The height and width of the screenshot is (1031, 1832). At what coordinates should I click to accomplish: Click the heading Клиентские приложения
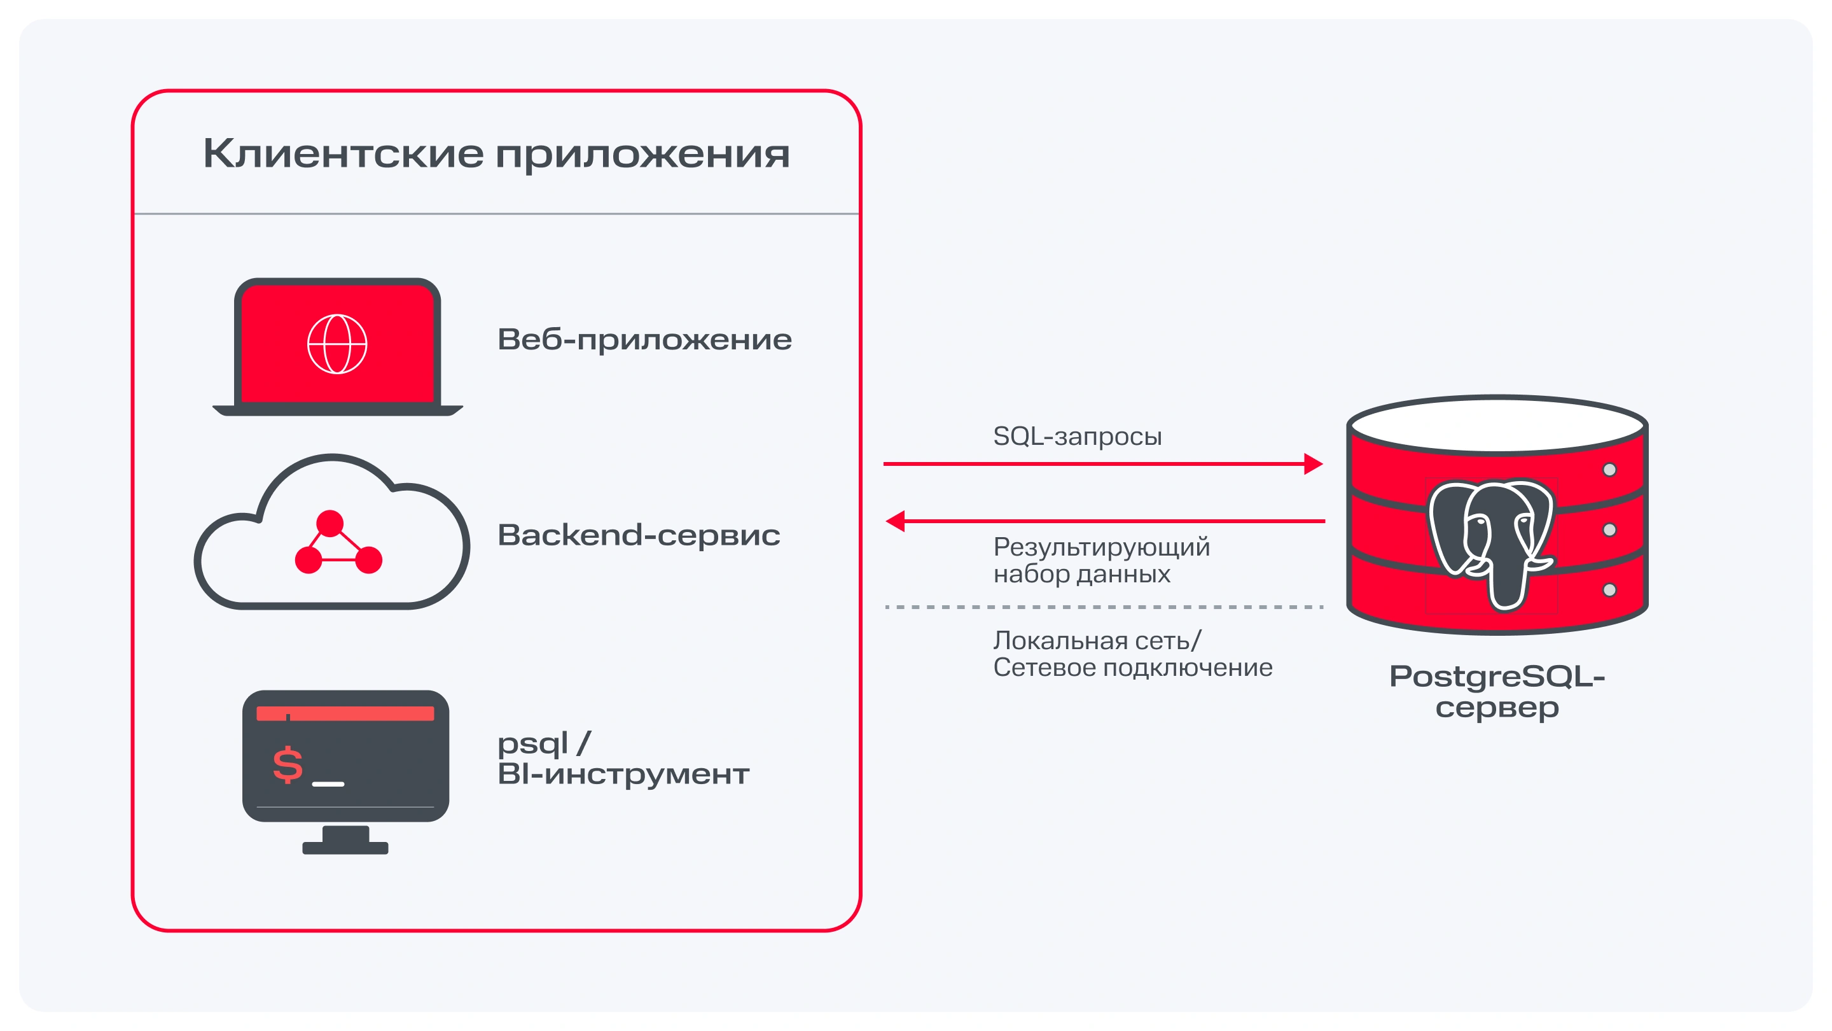(x=496, y=153)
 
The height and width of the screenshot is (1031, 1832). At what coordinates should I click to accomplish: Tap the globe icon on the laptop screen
(x=337, y=344)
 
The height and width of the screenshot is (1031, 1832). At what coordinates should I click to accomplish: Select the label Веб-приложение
(x=644, y=339)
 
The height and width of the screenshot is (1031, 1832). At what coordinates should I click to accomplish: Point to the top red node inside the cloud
(x=330, y=523)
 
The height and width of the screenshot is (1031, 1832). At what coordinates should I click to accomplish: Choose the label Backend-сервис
(x=638, y=535)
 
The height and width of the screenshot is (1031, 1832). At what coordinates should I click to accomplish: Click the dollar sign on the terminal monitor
(x=288, y=765)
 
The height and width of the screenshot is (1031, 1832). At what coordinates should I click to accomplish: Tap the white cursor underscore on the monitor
(x=328, y=783)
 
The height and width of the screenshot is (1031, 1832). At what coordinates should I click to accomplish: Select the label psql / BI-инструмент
(x=622, y=759)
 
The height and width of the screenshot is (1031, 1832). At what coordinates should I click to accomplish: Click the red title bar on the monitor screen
(x=345, y=713)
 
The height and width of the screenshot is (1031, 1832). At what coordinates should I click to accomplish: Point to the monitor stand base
(x=345, y=848)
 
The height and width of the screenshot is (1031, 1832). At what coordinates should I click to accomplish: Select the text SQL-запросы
(x=1077, y=436)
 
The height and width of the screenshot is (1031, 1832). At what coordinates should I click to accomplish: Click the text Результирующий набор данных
(x=1101, y=560)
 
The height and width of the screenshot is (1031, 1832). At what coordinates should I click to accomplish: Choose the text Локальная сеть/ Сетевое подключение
(x=1132, y=654)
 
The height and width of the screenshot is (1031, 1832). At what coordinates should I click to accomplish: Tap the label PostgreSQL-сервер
(x=1497, y=691)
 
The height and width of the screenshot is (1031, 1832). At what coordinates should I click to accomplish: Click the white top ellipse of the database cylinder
(x=1497, y=424)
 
